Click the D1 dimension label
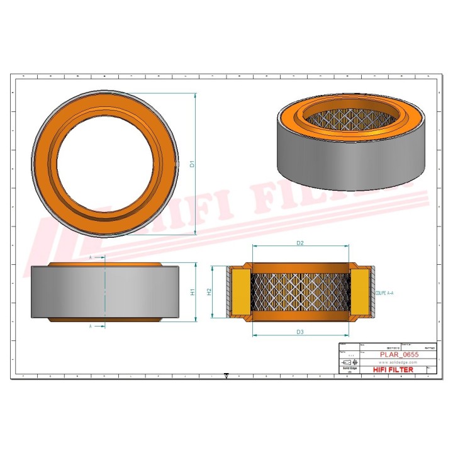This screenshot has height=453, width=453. click(193, 165)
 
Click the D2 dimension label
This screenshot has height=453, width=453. click(300, 243)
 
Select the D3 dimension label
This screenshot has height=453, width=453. click(300, 331)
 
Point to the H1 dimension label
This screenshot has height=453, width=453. click(193, 291)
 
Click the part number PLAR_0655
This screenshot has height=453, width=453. click(399, 355)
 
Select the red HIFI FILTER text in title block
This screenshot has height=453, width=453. click(393, 370)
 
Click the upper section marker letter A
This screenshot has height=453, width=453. click(91, 258)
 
